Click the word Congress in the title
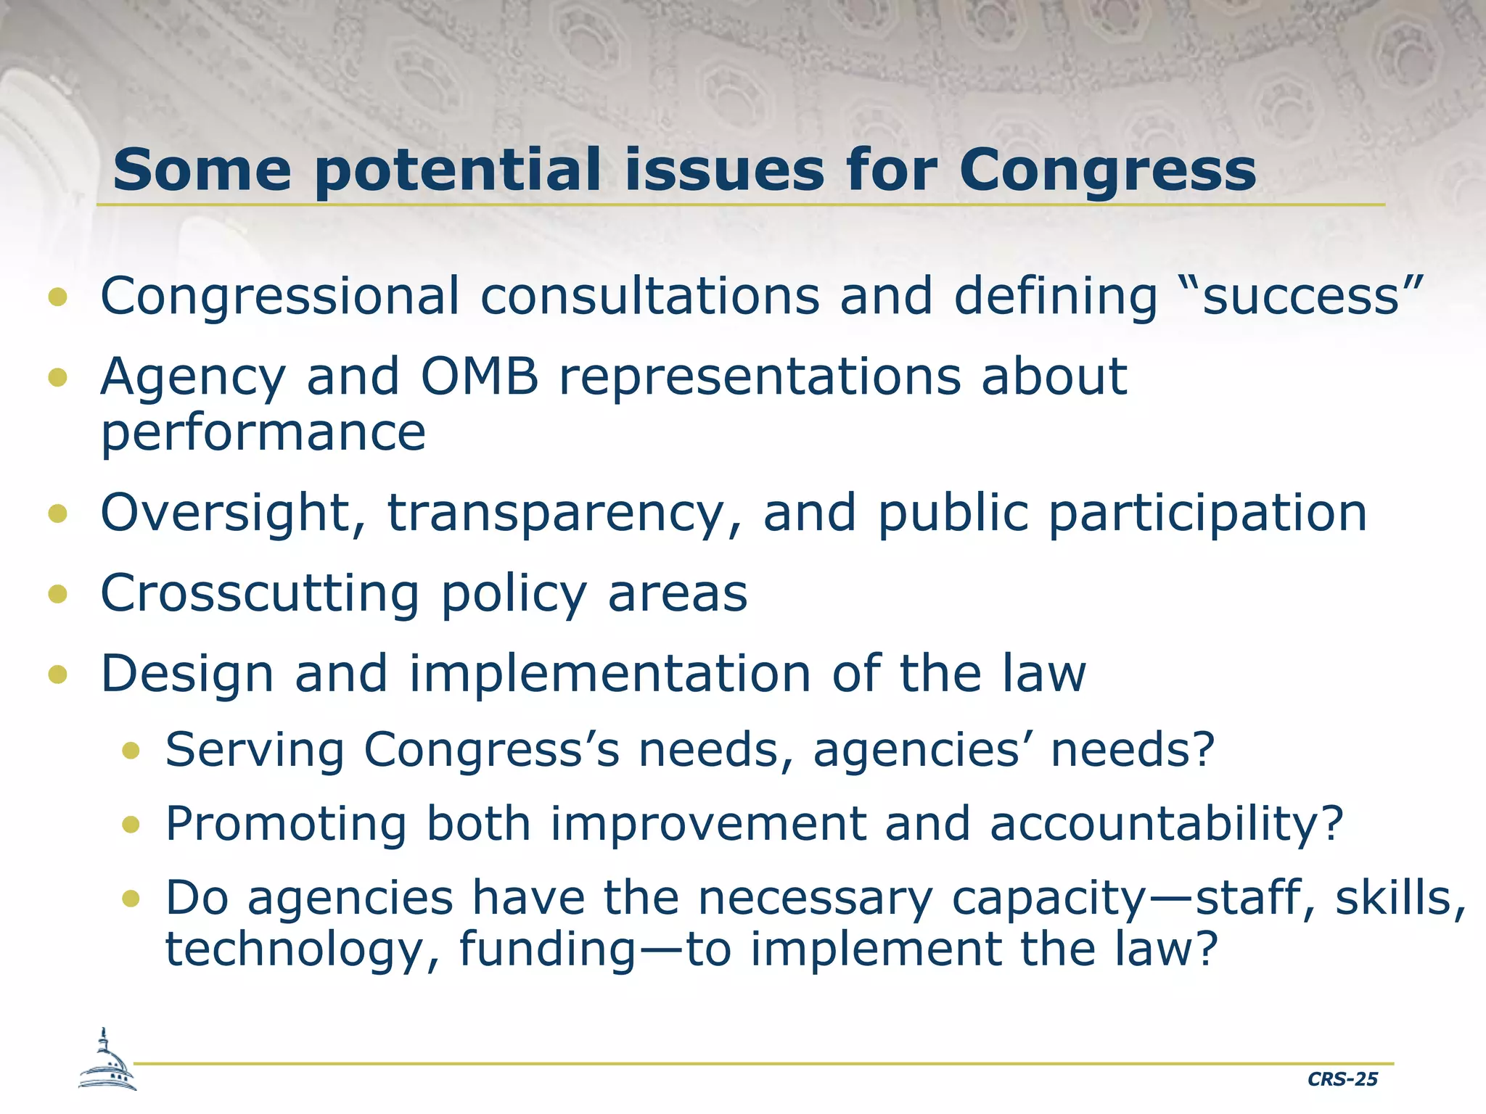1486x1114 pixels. pyautogui.click(x=1107, y=171)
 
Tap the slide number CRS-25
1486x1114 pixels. pyautogui.click(x=1342, y=1079)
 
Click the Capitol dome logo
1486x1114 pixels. pyautogui.click(x=107, y=1061)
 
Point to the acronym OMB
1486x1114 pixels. pyautogui.click(x=480, y=376)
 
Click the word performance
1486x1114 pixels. pyautogui.click(x=263, y=433)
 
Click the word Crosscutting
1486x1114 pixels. pyautogui.click(x=260, y=593)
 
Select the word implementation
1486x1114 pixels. pyautogui.click(x=609, y=674)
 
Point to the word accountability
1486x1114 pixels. pyautogui.click(x=1167, y=825)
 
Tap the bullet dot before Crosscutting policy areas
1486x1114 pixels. pyautogui.click(x=57, y=595)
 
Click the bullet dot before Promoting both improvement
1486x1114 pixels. pyautogui.click(x=131, y=825)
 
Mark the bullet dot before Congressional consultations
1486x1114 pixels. pyautogui.click(x=57, y=297)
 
